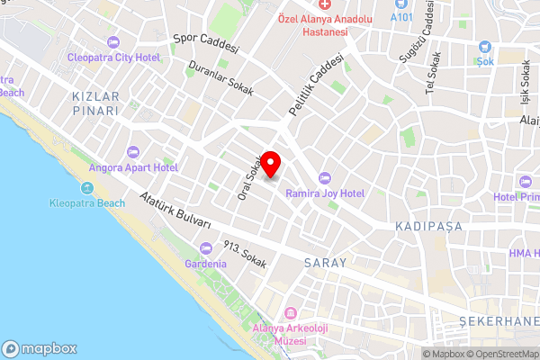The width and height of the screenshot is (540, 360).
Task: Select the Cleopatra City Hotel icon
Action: coord(113,42)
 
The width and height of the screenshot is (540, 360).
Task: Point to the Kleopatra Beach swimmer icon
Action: coord(87,187)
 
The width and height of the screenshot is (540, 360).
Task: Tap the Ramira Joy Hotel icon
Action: coord(325,177)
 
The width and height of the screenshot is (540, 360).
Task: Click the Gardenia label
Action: coord(204,264)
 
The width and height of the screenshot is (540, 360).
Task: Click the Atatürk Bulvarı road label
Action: coord(175,211)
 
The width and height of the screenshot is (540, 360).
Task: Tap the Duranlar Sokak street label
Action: coord(221,79)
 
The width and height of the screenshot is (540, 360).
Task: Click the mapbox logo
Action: coord(40,348)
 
